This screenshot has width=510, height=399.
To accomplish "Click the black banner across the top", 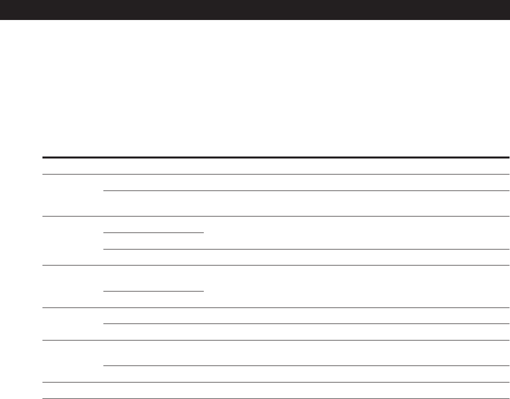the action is click(x=255, y=9).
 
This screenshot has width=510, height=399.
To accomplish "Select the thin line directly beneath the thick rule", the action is click(x=275, y=174).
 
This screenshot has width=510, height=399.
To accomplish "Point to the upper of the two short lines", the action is click(x=153, y=232).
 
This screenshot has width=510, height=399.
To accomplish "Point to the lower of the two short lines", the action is click(x=153, y=290).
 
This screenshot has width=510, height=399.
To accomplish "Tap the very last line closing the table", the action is click(x=275, y=398).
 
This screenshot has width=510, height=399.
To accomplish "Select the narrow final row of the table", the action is click(x=275, y=390).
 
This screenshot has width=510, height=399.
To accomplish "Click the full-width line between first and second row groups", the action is click(x=275, y=216).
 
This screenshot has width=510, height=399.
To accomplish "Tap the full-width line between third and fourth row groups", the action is click(x=275, y=307).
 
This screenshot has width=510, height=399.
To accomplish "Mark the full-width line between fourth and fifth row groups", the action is click(x=275, y=340).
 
